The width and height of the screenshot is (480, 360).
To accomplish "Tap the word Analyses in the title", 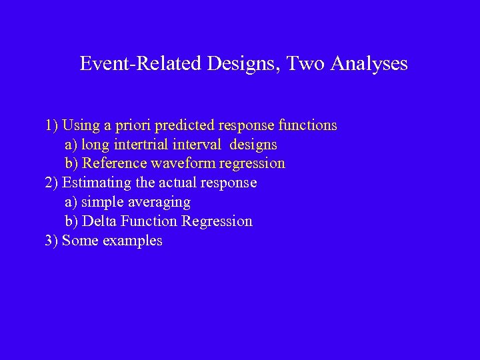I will coord(369,64).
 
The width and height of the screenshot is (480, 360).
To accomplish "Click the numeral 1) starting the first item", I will coord(51,125).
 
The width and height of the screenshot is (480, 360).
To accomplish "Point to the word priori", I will coord(136,125).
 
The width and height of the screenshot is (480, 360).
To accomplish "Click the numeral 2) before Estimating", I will coord(51,183).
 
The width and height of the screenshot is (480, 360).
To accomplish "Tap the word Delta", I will coord(98,221).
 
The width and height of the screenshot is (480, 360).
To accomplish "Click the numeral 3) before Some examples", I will coord(51,241).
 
